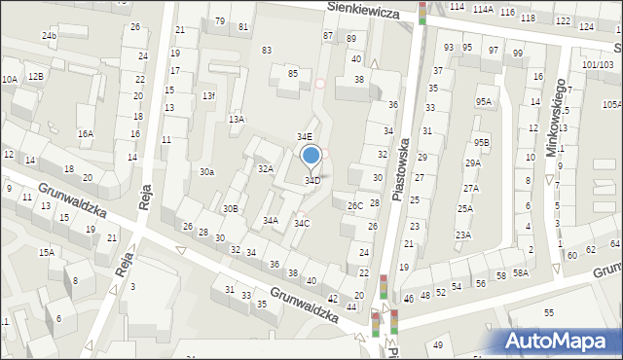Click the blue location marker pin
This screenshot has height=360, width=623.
(x=311, y=156)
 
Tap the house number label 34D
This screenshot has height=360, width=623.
(x=312, y=180)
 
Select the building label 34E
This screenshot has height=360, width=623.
(x=305, y=137)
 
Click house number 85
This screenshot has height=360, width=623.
(x=292, y=74)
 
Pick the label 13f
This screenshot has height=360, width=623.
(x=208, y=96)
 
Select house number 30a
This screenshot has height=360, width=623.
(x=206, y=172)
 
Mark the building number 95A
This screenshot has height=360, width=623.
(x=483, y=102)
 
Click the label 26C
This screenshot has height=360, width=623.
(x=355, y=205)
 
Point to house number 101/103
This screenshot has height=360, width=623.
(x=598, y=64)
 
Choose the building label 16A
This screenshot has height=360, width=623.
(x=86, y=134)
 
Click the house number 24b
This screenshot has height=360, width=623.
(x=49, y=36)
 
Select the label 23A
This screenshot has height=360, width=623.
(x=463, y=234)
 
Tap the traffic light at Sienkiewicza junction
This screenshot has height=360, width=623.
(x=422, y=12)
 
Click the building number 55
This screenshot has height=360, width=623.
(x=549, y=312)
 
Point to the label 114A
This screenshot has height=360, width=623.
(x=483, y=9)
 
